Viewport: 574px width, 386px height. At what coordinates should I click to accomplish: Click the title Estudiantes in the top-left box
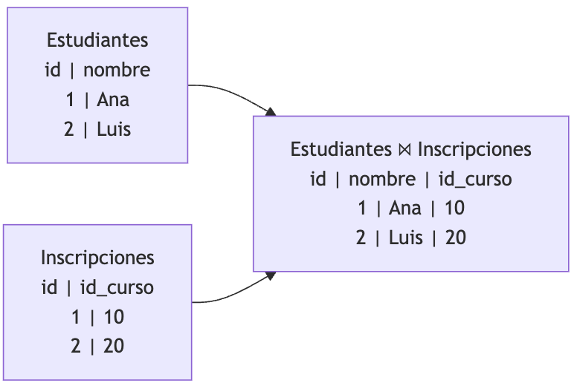[x=97, y=40]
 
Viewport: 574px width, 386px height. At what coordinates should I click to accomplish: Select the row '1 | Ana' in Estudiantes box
[x=97, y=99]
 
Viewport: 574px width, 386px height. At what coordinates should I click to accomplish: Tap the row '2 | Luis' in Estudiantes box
[x=97, y=129]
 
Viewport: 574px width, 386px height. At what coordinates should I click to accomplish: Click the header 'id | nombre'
[x=97, y=70]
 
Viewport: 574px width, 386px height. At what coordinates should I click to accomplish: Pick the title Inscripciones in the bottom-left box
[x=97, y=258]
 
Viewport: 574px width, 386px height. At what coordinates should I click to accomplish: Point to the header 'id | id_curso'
[x=97, y=287]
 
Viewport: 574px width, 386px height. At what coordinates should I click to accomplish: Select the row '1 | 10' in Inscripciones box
[x=97, y=317]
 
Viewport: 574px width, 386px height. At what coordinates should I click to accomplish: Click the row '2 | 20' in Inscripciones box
[x=97, y=347]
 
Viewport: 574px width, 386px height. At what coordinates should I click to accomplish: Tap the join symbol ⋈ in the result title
[x=404, y=150]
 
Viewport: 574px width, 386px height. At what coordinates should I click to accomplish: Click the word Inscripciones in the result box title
[x=474, y=149]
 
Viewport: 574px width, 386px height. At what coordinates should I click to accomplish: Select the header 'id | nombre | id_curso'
[x=411, y=179]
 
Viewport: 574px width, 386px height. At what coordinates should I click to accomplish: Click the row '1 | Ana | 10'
[x=411, y=209]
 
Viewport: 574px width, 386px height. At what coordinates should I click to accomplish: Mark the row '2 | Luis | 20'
[x=411, y=238]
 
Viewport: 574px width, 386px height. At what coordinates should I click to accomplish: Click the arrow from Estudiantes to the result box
[x=230, y=93]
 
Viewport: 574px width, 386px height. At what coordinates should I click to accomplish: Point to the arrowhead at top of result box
[x=271, y=112]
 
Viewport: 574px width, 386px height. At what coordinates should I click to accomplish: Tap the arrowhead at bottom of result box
[x=271, y=275]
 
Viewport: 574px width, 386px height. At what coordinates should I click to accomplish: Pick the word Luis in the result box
[x=406, y=238]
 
